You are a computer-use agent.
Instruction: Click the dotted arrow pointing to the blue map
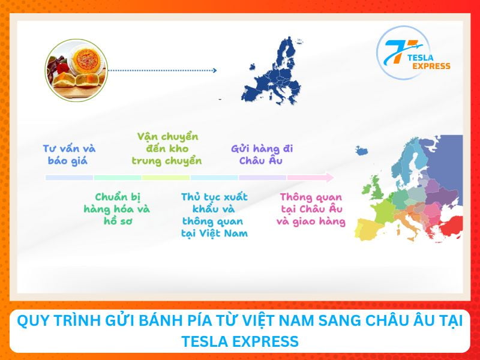pyautogui.click(x=163, y=71)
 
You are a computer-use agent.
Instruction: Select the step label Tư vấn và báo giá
pyautogui.click(x=69, y=154)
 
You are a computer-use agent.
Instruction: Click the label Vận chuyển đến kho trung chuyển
pyautogui.click(x=167, y=149)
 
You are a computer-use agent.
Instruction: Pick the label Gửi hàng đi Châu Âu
pyautogui.click(x=262, y=154)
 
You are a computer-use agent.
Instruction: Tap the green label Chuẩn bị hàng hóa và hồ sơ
pyautogui.click(x=116, y=209)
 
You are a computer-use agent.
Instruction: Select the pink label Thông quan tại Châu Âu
pyautogui.click(x=311, y=209)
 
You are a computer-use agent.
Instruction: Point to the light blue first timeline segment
pyautogui.click(x=69, y=178)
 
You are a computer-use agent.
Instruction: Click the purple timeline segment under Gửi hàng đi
pyautogui.click(x=262, y=178)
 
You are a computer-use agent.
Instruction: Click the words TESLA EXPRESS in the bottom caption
pyautogui.click(x=239, y=341)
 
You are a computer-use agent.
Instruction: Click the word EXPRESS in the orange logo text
pyautogui.click(x=431, y=66)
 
